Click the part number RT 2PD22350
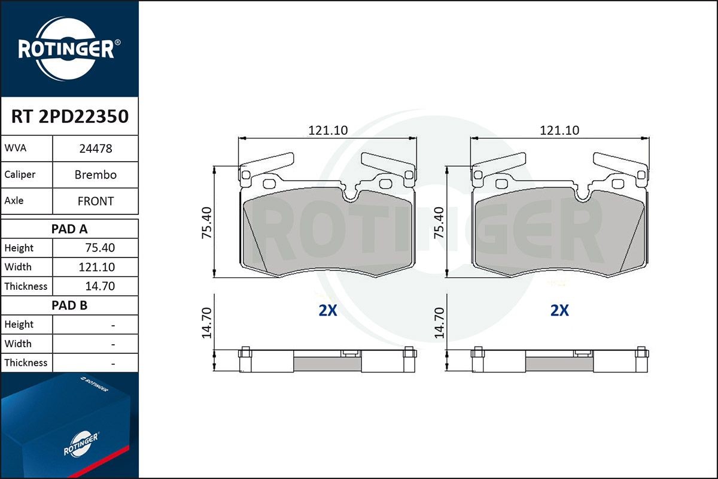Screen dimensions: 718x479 70,116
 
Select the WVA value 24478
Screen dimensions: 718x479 96,148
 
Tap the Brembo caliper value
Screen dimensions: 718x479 96,175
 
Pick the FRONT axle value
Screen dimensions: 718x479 96,201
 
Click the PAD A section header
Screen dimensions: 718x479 69,229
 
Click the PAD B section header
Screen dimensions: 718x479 69,305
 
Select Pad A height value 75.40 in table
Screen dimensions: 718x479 100,248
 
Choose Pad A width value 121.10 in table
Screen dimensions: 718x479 97,267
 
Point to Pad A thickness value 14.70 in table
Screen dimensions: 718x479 100,286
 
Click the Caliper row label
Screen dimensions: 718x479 20,174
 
